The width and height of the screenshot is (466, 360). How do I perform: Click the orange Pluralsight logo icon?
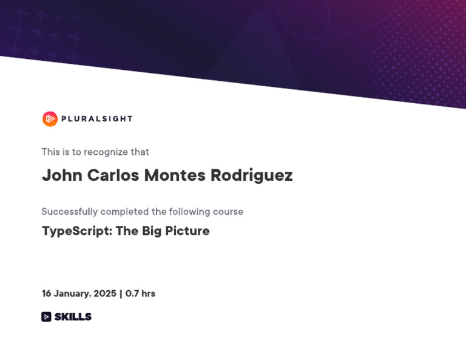click(x=50, y=119)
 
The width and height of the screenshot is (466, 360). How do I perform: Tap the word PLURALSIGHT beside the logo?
click(x=97, y=119)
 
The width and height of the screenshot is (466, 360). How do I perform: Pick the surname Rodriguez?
click(x=251, y=175)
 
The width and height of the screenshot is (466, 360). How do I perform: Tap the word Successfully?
click(x=70, y=211)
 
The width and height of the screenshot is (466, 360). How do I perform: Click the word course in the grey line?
click(x=228, y=211)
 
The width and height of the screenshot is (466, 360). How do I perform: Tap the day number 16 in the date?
click(x=46, y=294)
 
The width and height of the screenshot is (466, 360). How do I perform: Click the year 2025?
click(x=105, y=294)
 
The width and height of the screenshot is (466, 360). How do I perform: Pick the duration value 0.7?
click(x=132, y=294)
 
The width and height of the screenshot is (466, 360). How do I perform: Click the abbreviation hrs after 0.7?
click(x=149, y=294)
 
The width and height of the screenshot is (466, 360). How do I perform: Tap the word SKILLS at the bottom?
click(x=73, y=317)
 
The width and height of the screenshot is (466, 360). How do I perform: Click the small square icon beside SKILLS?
click(x=46, y=317)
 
